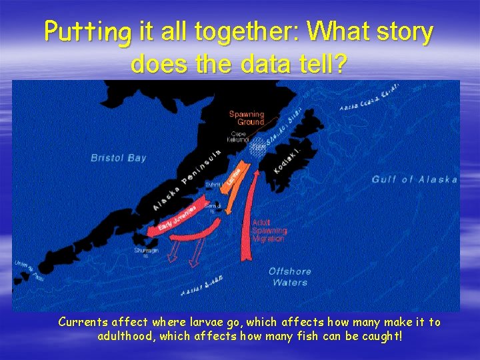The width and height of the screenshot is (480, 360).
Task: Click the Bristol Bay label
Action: coord(118,158)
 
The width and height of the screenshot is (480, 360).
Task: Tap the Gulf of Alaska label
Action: coord(414,179)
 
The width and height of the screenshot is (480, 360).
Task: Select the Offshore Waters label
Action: coord(290,277)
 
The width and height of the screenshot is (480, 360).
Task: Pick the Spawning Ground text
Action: coord(247,118)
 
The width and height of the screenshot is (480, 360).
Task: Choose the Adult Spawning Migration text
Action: coord(269,230)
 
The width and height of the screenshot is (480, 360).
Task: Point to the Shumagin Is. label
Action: coord(141,254)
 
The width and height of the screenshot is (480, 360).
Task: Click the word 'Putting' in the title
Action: coord(89,32)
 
